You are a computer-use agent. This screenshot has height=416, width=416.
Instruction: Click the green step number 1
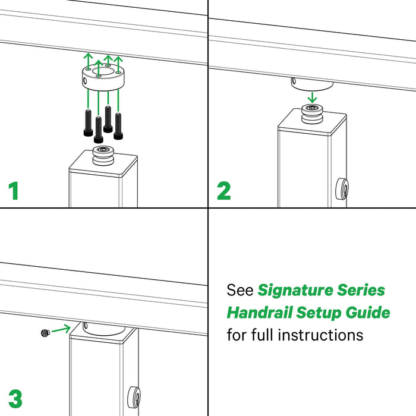(14, 191)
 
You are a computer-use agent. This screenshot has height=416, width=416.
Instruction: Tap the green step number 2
(223, 191)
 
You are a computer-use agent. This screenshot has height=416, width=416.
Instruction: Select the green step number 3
(15, 399)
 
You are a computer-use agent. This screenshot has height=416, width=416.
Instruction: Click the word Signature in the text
(295, 291)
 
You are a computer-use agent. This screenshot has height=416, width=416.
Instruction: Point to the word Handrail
(260, 312)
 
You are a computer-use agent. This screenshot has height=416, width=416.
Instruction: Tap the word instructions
(320, 335)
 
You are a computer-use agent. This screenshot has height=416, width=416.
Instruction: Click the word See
(240, 290)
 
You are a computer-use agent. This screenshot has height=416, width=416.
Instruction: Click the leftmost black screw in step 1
(88, 123)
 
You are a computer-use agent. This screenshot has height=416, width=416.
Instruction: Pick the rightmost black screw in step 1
(118, 126)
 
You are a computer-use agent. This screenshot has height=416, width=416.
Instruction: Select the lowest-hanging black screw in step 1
(99, 130)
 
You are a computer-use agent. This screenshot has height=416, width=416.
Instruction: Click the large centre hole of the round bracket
(103, 71)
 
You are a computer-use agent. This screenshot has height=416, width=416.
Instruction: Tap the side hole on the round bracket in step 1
(85, 80)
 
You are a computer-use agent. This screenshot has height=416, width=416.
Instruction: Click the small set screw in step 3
(46, 332)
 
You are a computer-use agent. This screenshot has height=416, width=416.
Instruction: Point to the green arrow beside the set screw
(61, 329)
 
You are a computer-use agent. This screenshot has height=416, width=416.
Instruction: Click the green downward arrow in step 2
(313, 97)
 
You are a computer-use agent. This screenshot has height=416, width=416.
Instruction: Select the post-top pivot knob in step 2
(312, 114)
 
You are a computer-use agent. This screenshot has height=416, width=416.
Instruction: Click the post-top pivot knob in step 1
(103, 156)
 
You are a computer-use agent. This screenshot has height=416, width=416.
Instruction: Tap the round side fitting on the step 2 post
(342, 189)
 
